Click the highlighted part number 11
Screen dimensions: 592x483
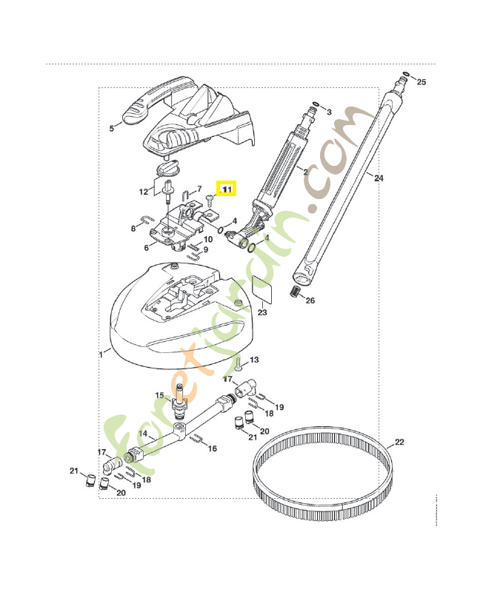pyautogui.click(x=227, y=189)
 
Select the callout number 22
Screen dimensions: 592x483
pyautogui.click(x=399, y=443)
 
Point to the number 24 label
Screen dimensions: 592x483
pyautogui.click(x=379, y=178)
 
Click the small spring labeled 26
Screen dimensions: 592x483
pyautogui.click(x=296, y=291)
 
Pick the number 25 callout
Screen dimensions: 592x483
pyautogui.click(x=422, y=81)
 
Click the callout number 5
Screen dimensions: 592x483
pyautogui.click(x=112, y=128)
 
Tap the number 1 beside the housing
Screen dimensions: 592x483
pyautogui.click(x=101, y=354)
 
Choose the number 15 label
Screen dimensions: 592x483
pyautogui.click(x=159, y=396)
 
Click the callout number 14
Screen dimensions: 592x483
pyautogui.click(x=143, y=433)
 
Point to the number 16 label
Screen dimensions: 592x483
pyautogui.click(x=212, y=448)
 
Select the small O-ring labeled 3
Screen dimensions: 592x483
pyautogui.click(x=316, y=104)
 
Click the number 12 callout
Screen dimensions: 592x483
pyautogui.click(x=143, y=192)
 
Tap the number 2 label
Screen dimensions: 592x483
pyautogui.click(x=305, y=171)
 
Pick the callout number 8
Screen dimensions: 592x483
pyautogui.click(x=133, y=229)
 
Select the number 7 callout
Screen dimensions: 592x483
pyautogui.click(x=199, y=189)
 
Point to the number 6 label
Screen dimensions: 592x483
pyautogui.click(x=146, y=246)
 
